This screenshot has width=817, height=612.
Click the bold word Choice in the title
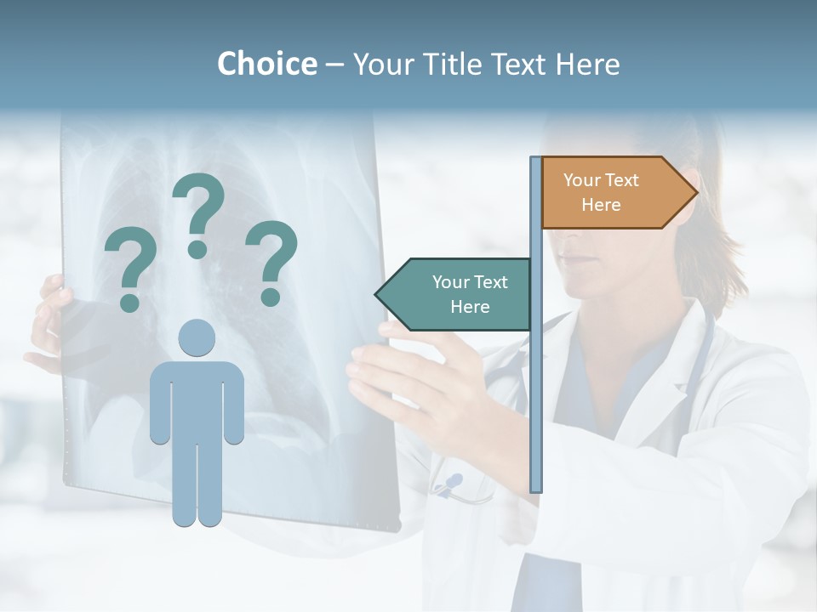tap(266, 64)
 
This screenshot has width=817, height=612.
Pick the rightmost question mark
tap(271, 262)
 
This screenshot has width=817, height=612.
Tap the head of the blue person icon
tap(197, 337)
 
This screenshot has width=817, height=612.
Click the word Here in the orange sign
tap(601, 205)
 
